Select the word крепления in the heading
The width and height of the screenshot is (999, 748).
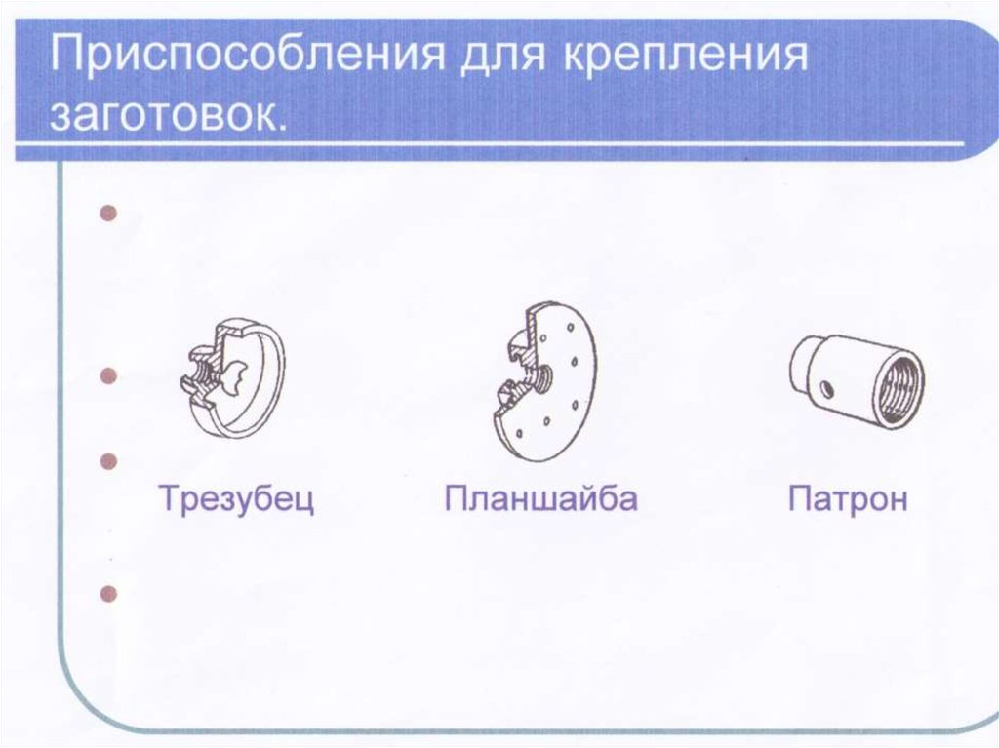(686, 56)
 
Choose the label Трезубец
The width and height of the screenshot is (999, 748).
(236, 499)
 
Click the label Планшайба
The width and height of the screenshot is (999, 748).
(540, 498)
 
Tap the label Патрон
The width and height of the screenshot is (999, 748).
(848, 499)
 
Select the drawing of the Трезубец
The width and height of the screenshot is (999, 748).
(232, 377)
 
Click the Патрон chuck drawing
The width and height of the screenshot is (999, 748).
(857, 379)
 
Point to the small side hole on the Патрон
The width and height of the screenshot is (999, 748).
(825, 389)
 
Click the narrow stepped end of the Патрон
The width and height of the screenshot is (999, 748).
(803, 367)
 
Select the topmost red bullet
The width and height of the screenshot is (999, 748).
(109, 213)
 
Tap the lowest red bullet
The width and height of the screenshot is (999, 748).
(109, 594)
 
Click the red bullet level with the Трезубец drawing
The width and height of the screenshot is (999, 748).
(109, 375)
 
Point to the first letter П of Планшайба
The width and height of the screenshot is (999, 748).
(457, 499)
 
